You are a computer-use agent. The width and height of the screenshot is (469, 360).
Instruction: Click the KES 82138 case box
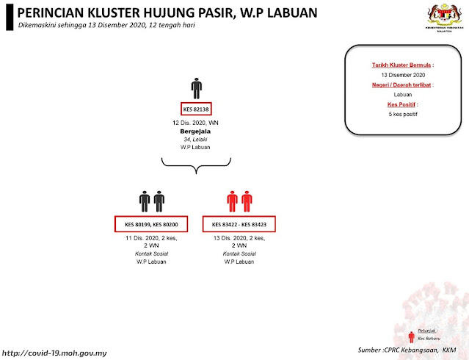click(196, 108)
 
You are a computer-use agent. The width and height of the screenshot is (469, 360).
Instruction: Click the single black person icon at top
click(196, 87)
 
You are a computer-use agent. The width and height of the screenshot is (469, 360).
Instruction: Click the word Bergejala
click(196, 132)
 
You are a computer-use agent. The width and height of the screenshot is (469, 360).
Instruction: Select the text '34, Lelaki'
click(196, 140)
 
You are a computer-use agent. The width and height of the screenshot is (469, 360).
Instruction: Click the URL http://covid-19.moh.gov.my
click(56, 353)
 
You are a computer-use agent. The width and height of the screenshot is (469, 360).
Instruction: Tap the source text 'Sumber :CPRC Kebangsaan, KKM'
click(408, 350)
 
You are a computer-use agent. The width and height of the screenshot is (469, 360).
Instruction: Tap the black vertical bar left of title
click(7, 18)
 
